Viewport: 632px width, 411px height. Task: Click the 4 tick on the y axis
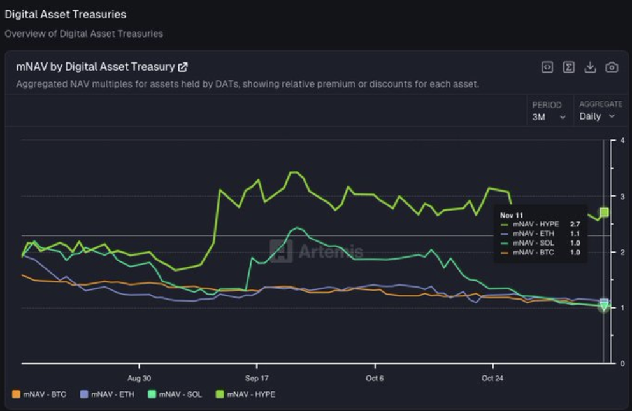622,141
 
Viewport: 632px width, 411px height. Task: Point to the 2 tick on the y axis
622,252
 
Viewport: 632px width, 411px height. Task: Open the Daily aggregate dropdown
597,116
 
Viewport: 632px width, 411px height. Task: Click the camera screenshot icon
612,67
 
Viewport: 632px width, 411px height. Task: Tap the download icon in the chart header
590,67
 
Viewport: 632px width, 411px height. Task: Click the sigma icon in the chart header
569,67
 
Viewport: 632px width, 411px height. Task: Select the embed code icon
547,67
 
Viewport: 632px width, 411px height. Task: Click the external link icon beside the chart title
183,67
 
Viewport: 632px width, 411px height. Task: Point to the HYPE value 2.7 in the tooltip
574,225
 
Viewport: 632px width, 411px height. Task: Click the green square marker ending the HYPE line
604,212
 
